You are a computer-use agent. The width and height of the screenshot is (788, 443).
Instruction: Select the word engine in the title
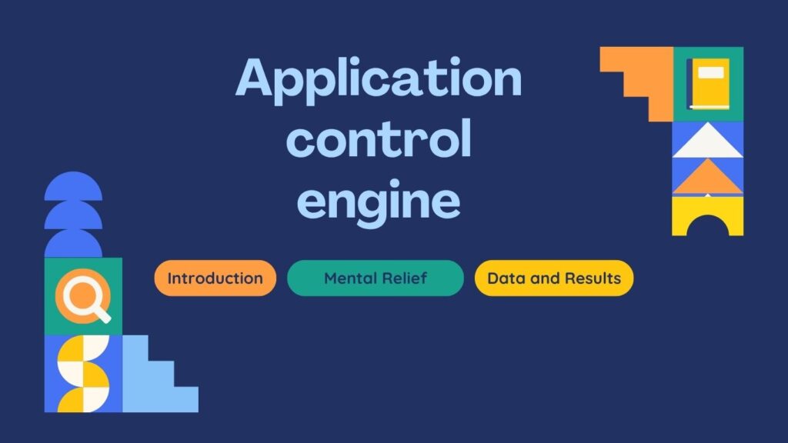(379, 200)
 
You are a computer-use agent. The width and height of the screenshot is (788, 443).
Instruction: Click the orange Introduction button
(215, 278)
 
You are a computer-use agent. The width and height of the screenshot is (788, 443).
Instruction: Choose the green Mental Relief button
(375, 278)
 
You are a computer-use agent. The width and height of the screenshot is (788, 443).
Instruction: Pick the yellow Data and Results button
(554, 278)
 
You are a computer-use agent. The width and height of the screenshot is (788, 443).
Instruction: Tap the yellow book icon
(709, 83)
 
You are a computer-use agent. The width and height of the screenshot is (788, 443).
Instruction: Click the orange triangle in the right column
(708, 179)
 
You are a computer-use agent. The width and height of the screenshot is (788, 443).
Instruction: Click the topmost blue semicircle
(73, 188)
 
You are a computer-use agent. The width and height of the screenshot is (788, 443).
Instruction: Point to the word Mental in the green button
(350, 278)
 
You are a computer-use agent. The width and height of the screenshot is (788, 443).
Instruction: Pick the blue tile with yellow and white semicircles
(83, 374)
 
